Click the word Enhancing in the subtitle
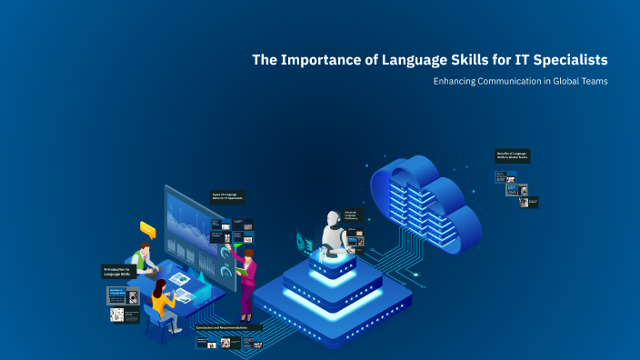[457, 82]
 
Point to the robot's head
[331, 220]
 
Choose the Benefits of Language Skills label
[513, 155]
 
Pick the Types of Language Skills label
[229, 196]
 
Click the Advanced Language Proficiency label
[353, 216]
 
